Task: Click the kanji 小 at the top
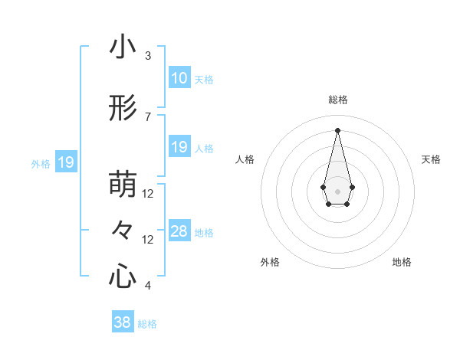(x=123, y=47)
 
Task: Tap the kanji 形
(x=123, y=110)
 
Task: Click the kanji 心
(x=123, y=276)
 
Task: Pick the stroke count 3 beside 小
(x=148, y=56)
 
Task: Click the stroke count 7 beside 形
(x=148, y=117)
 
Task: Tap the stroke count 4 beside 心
(x=148, y=286)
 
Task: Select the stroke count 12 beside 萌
(x=148, y=194)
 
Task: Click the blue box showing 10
(x=179, y=78)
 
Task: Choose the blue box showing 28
(x=179, y=231)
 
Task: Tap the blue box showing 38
(x=122, y=322)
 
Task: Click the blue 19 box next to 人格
(x=179, y=147)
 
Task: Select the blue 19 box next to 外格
(x=65, y=162)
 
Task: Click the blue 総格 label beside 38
(x=147, y=324)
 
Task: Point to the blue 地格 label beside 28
(x=204, y=233)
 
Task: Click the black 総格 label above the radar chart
(x=337, y=100)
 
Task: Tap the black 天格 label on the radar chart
(x=431, y=159)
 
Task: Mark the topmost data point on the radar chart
(x=337, y=129)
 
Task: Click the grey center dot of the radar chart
(x=337, y=190)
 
